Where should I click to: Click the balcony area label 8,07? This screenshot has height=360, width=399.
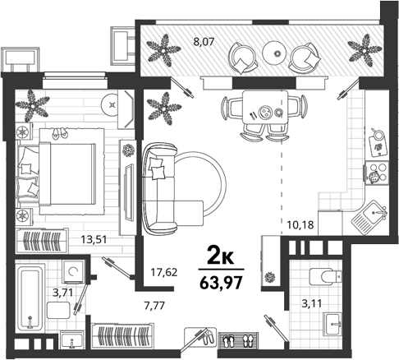(204, 43)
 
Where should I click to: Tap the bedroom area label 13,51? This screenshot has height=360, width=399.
(94, 239)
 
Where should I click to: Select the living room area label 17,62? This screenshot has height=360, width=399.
(164, 272)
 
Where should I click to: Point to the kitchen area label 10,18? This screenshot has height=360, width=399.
(300, 225)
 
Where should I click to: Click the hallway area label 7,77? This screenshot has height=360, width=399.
(154, 305)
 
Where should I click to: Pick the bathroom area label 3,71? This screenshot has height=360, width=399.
(63, 293)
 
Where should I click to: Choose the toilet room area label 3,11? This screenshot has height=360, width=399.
(311, 303)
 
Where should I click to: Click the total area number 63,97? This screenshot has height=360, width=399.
(221, 283)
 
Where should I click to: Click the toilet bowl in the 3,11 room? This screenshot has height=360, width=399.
(326, 276)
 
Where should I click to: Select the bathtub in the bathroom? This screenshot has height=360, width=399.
(30, 298)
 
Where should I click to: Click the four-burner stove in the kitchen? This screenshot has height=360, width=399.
(377, 173)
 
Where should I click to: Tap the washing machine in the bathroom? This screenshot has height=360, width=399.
(73, 271)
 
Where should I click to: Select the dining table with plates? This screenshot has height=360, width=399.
(265, 108)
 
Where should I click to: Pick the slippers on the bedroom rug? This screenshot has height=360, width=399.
(60, 132)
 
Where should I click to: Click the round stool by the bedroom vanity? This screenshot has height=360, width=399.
(112, 104)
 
